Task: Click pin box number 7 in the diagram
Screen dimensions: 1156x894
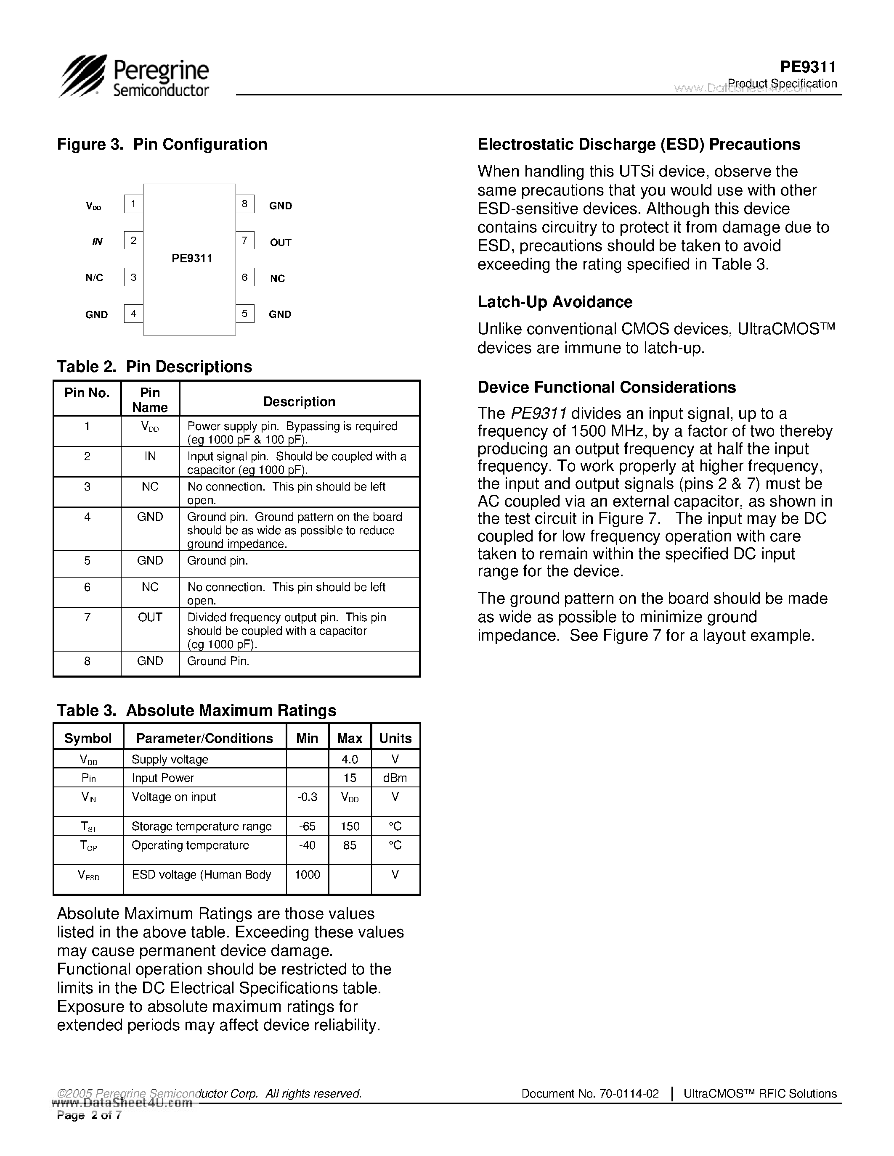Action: (245, 241)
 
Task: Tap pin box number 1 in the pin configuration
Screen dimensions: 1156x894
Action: (133, 204)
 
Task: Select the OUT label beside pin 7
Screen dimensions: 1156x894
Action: (281, 243)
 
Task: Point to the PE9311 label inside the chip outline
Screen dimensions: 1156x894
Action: (192, 258)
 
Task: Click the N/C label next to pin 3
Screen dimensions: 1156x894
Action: (94, 278)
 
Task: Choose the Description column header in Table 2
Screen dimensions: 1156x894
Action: (299, 402)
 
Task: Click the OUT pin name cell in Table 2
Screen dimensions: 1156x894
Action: (150, 617)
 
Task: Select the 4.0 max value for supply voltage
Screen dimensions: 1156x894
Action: (350, 760)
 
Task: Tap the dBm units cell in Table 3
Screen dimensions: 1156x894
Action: (395, 778)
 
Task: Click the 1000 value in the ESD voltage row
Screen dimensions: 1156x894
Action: (307, 874)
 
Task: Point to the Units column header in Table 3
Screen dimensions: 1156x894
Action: (395, 739)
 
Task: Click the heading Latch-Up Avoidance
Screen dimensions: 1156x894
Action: (555, 302)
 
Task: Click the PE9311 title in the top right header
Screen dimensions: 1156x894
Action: (808, 67)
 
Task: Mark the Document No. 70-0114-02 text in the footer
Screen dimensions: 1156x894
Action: (590, 1093)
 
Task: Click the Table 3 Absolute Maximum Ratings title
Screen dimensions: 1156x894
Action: (196, 710)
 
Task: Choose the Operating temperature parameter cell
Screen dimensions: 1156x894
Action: (190, 845)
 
